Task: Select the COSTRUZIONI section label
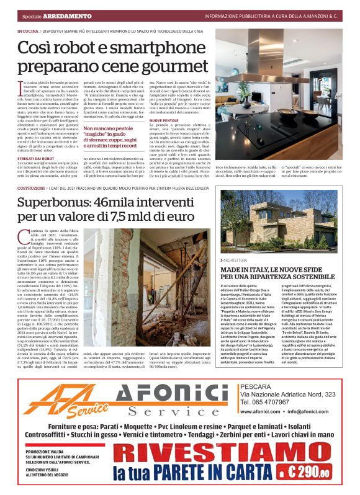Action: click(31, 187)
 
